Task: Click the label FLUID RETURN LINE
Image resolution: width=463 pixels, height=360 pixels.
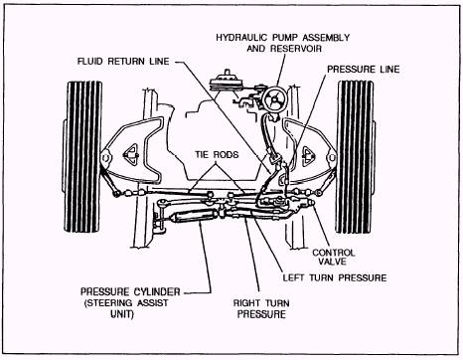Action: coord(123,62)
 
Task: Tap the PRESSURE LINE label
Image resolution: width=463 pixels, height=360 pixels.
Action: coord(364,70)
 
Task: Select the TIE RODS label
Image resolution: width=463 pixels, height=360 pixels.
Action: coord(217,155)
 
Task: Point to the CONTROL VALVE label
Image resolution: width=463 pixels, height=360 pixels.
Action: coord(334,257)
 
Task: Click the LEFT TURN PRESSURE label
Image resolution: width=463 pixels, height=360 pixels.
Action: coord(335,277)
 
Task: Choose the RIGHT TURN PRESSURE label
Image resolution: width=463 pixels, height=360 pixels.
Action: coord(261,308)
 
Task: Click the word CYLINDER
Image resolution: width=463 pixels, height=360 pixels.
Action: coord(157,291)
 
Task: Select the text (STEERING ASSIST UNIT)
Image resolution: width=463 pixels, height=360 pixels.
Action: coord(126,308)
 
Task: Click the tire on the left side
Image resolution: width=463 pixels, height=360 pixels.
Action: coord(82,156)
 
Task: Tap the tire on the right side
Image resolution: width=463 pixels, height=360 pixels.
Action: coord(356,156)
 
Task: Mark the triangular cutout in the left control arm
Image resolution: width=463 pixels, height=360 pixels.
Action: coord(130,154)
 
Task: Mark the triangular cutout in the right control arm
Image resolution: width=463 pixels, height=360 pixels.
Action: coord(308,153)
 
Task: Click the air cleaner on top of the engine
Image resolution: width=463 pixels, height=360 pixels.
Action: coord(228,82)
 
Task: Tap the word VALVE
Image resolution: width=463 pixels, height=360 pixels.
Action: coord(333,262)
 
